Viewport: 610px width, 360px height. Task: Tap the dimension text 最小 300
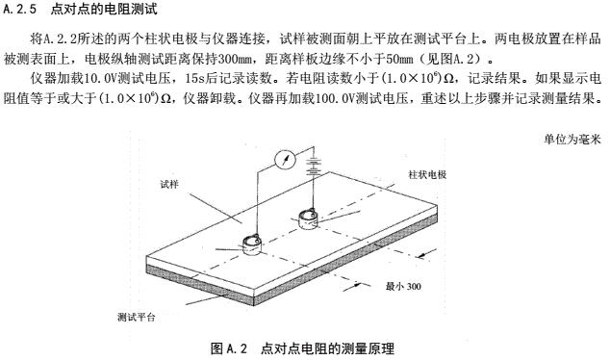pos(403,286)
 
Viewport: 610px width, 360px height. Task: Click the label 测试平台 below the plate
pos(137,318)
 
